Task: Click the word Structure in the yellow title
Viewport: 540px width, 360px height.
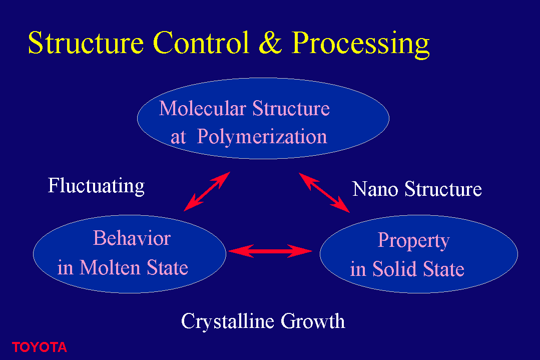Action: (86, 43)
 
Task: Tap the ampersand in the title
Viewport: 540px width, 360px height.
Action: (271, 43)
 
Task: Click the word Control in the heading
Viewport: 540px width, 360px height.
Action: (201, 43)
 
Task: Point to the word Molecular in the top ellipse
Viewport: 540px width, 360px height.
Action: (203, 108)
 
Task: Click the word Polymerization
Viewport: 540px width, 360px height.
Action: (262, 137)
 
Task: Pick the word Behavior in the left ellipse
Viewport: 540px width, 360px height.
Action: (132, 238)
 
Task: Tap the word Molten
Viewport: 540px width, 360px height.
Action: (110, 267)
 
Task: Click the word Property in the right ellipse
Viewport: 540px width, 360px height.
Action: (413, 241)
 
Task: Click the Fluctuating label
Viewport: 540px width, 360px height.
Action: (96, 186)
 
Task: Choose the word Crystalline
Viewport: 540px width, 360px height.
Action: (228, 322)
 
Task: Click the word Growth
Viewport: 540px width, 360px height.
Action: (313, 321)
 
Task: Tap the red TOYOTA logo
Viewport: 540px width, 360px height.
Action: (39, 347)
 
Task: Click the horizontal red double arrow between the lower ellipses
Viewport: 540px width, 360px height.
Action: (270, 251)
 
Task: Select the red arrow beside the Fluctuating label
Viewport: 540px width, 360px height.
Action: (207, 192)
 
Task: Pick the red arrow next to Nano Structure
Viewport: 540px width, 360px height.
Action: (324, 193)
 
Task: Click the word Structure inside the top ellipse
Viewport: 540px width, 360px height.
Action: (291, 108)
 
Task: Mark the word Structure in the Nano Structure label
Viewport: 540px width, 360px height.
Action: (443, 189)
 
